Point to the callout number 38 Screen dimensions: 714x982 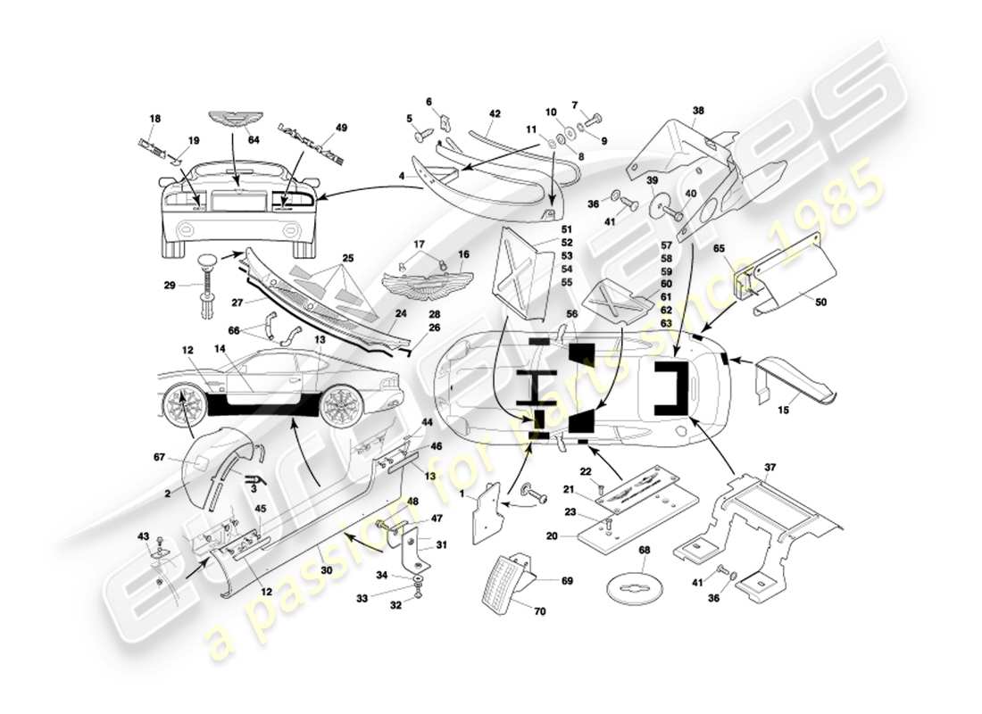[x=698, y=112]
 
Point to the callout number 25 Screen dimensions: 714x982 [x=347, y=258]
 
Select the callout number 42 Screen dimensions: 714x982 [x=495, y=113]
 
